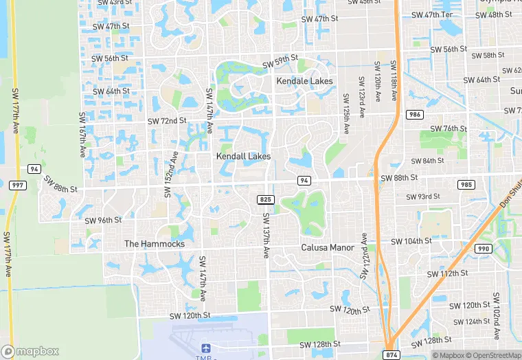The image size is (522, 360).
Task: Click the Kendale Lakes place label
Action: [x=304, y=81]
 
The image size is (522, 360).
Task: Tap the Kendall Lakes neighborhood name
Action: [x=243, y=157]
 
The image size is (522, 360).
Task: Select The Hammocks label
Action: [x=155, y=244]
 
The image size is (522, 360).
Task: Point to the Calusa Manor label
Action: [x=328, y=247]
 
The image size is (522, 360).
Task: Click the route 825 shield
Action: [x=264, y=199]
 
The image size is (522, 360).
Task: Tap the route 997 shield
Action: [x=16, y=185]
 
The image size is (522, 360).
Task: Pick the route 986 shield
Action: [x=414, y=114]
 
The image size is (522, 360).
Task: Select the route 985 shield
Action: [x=466, y=185]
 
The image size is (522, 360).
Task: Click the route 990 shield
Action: [x=483, y=249]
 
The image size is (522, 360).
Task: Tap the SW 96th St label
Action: [x=103, y=221]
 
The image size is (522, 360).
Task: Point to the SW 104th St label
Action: [x=411, y=242]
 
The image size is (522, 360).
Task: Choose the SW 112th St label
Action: [x=447, y=273]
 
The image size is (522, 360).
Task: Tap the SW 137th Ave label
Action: [x=266, y=235]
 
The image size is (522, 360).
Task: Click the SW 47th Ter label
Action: [x=432, y=14]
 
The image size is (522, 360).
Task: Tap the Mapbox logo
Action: [x=31, y=350]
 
